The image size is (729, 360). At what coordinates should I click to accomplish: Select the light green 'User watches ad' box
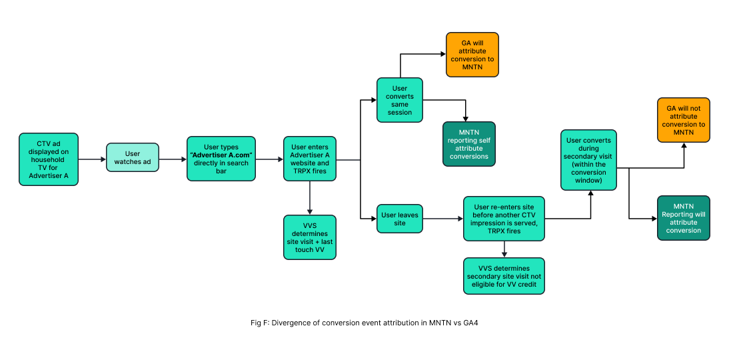pyautogui.click(x=133, y=158)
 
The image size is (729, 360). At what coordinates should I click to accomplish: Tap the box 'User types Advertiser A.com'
pyautogui.click(x=221, y=159)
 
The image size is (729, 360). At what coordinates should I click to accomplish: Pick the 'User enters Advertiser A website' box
pyautogui.click(x=310, y=159)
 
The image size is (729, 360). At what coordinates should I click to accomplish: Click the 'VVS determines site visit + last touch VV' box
pyautogui.click(x=310, y=237)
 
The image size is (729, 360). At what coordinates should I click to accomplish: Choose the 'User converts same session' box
pyautogui.click(x=400, y=100)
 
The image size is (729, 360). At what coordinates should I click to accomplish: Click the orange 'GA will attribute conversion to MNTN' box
pyautogui.click(x=472, y=55)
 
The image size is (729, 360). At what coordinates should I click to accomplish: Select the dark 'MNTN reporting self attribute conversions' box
pyautogui.click(x=469, y=144)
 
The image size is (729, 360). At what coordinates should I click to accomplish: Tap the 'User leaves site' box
pyautogui.click(x=400, y=218)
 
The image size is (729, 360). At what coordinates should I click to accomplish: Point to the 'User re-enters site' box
pyautogui.click(x=504, y=218)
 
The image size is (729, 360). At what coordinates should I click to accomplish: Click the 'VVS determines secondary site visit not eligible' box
pyautogui.click(x=504, y=275)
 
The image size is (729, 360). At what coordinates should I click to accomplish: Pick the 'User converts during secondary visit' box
pyautogui.click(x=589, y=159)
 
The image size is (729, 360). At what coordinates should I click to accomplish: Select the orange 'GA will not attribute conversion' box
pyautogui.click(x=684, y=120)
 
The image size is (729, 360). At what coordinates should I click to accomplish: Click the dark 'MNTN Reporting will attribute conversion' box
pyautogui.click(x=684, y=218)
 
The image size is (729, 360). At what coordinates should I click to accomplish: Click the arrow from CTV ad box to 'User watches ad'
pyautogui.click(x=92, y=159)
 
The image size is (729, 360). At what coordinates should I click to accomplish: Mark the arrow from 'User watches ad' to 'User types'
pyautogui.click(x=173, y=159)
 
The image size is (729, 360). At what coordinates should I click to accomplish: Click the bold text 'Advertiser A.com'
pyautogui.click(x=222, y=155)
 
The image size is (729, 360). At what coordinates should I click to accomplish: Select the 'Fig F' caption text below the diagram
pyautogui.click(x=364, y=323)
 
